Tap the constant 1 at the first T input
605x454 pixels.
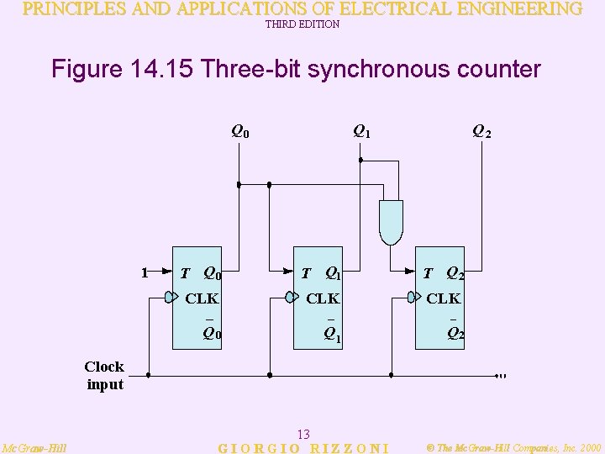coord(145,272)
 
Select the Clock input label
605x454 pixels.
coord(104,375)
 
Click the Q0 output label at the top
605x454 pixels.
coord(240,131)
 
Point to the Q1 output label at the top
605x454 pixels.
coord(361,130)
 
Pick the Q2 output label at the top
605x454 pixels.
coord(481,131)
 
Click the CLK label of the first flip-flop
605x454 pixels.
coord(202,298)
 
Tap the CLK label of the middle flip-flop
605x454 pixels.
coord(323,298)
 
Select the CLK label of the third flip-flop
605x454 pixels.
coord(443,298)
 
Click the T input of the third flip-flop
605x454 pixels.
coord(428,273)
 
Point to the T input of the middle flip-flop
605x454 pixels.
coord(307,273)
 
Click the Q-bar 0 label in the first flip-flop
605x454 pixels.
coord(212,332)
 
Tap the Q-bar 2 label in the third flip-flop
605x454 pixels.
coord(455,332)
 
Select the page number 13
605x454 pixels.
coord(304,434)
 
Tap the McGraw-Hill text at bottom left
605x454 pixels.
coord(34,448)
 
